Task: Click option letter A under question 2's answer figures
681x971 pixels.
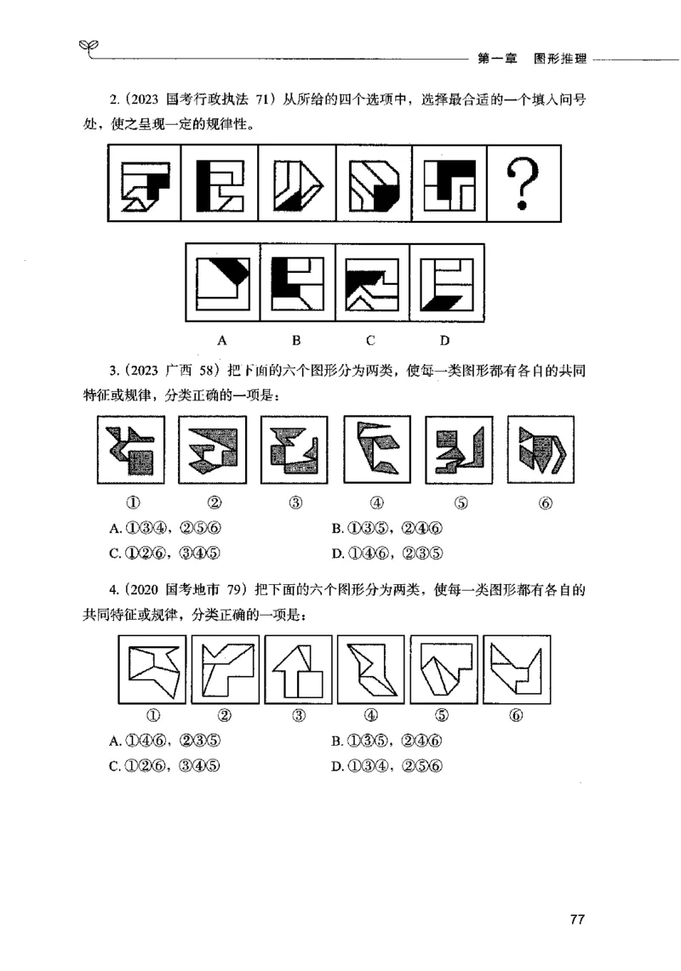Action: [x=222, y=341]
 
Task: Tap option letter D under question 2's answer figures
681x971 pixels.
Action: [x=444, y=341]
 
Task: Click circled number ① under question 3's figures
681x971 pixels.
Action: [x=133, y=503]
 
